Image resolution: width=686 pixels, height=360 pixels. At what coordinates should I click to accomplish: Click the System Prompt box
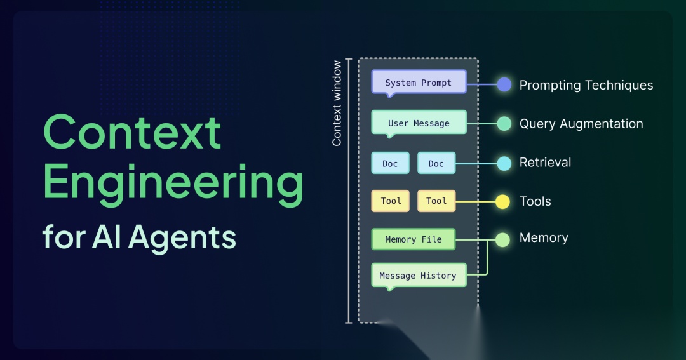[x=419, y=82]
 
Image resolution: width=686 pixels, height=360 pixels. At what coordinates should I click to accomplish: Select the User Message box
[x=419, y=123]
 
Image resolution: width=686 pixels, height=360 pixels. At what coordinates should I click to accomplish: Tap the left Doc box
[x=390, y=163]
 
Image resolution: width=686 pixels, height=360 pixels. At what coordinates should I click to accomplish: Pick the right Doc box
[x=436, y=163]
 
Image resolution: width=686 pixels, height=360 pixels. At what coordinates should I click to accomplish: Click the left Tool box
[x=391, y=201]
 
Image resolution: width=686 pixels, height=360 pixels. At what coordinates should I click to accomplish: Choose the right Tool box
[x=436, y=201]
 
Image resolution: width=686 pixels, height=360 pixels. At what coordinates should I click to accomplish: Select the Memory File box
[x=414, y=239]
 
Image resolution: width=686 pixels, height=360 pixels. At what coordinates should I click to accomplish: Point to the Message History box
[x=418, y=275]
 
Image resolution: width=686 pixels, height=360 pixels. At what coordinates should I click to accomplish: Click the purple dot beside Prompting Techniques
[x=504, y=84]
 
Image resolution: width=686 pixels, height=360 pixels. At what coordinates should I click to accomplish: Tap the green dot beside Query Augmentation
[x=504, y=124]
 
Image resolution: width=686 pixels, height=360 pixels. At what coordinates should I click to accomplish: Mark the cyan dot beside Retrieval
[x=504, y=163]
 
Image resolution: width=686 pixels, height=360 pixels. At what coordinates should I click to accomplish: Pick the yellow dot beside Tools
[x=502, y=202]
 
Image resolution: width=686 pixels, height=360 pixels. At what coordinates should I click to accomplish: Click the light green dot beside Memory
[x=502, y=239]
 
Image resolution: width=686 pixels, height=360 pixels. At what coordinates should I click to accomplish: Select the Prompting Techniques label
[x=586, y=85]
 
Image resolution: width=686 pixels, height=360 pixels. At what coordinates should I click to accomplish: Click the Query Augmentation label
[x=581, y=124]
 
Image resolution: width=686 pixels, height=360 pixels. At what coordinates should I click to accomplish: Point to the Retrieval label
[x=545, y=163]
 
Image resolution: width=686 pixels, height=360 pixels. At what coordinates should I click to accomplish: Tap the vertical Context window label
[x=337, y=103]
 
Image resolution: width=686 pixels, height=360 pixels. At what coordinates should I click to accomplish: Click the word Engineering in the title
[x=173, y=183]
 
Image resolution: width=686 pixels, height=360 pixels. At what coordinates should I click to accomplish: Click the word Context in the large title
[x=132, y=132]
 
